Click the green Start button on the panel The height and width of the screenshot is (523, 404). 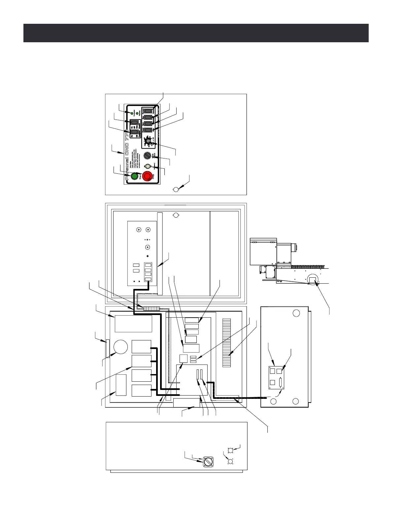click(134, 176)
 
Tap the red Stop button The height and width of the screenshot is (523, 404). click(147, 176)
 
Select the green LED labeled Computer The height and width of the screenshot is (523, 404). click(132, 114)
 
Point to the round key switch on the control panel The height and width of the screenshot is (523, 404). click(148, 155)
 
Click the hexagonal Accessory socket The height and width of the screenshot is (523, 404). click(148, 167)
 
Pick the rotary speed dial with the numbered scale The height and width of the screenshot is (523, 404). click(149, 141)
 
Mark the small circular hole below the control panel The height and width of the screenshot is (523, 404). click(176, 189)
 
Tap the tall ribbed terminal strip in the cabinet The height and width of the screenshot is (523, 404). click(227, 342)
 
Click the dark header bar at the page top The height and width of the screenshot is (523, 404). click(196, 33)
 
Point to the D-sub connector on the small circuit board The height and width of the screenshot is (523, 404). click(281, 383)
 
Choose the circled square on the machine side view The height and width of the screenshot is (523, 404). click(312, 280)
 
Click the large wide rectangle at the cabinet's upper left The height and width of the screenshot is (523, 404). click(133, 324)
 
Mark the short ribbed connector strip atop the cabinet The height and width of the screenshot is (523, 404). click(151, 308)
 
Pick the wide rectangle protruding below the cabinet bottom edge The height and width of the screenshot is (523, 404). click(186, 403)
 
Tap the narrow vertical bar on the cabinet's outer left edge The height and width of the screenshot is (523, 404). click(107, 348)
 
